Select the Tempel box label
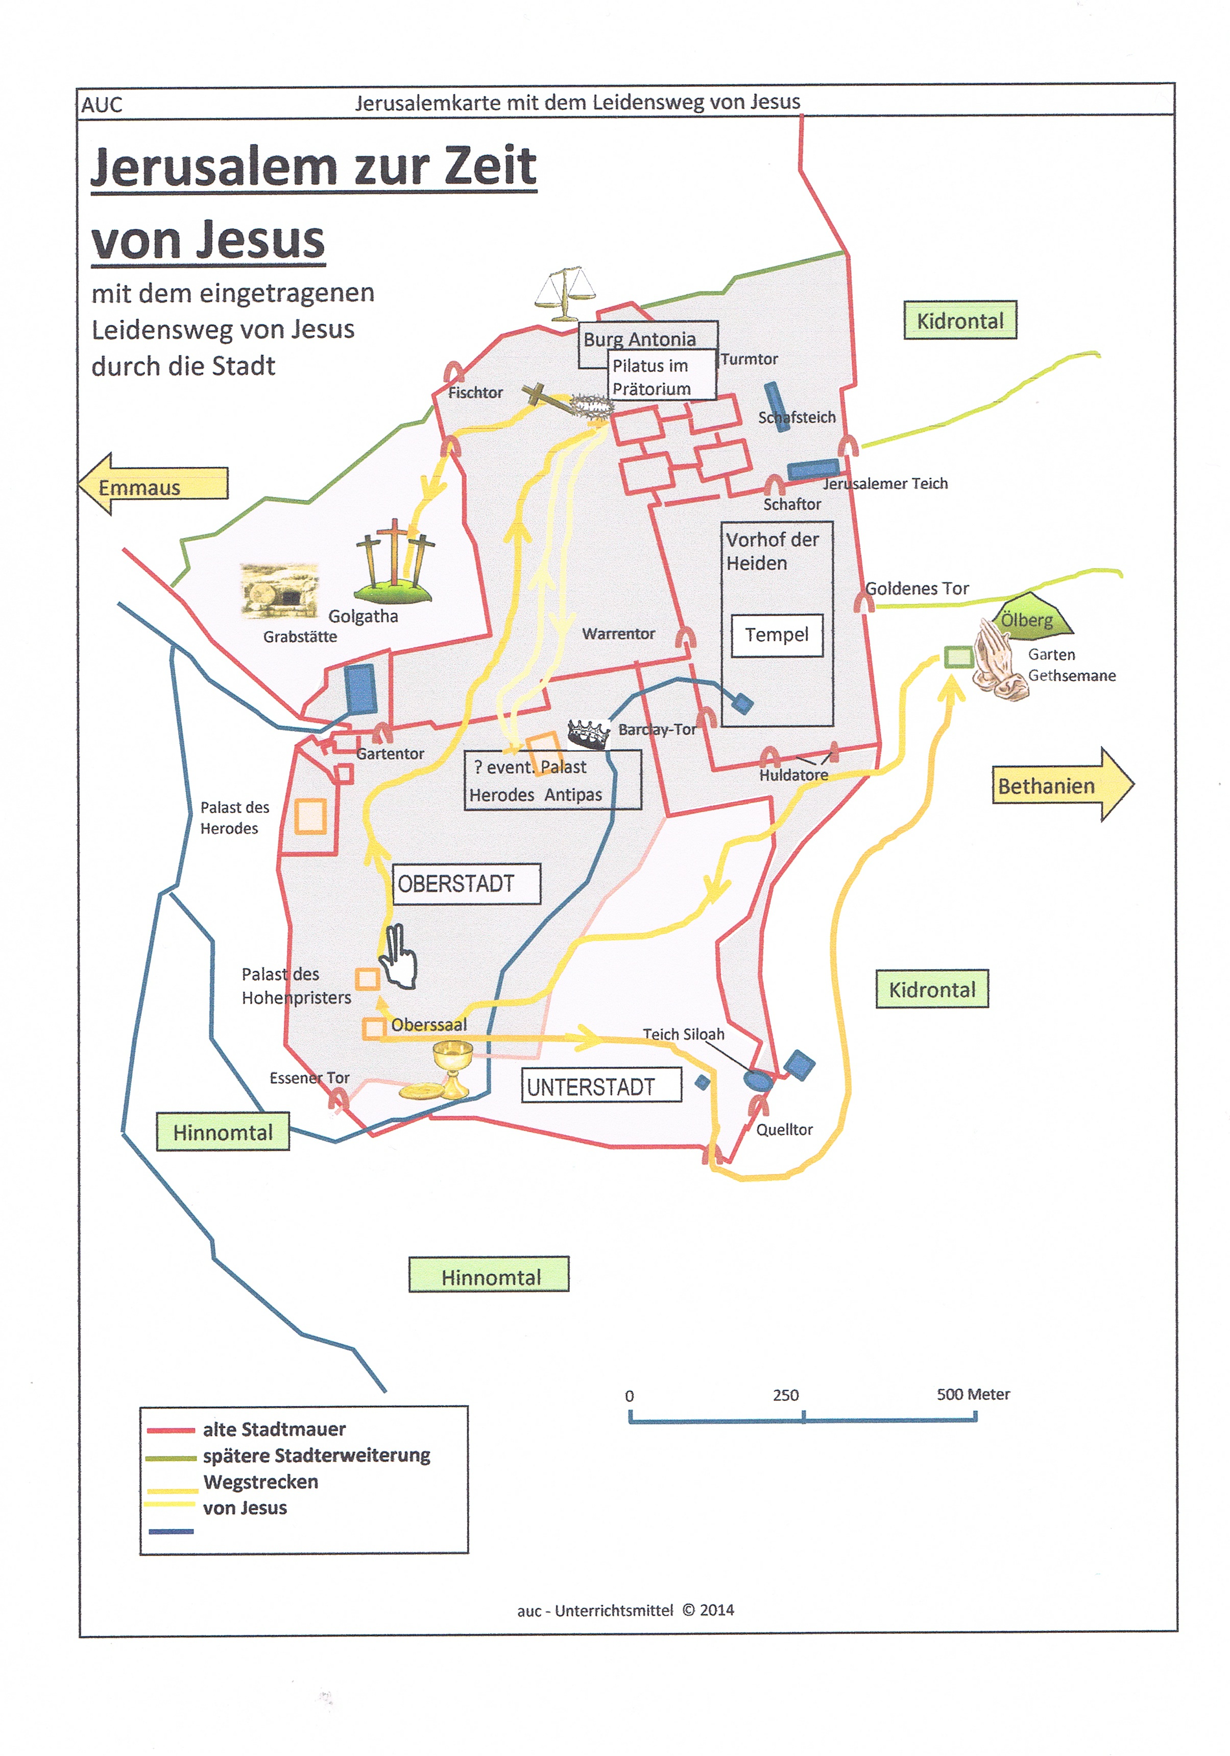click(x=777, y=635)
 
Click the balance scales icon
click(x=565, y=294)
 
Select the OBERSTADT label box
click(x=466, y=883)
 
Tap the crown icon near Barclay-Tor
click(x=588, y=734)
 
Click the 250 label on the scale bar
click(x=785, y=1395)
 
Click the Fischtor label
click(x=475, y=392)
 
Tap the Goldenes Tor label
click(x=917, y=588)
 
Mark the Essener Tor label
click(x=309, y=1078)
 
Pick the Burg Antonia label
click(x=640, y=339)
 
